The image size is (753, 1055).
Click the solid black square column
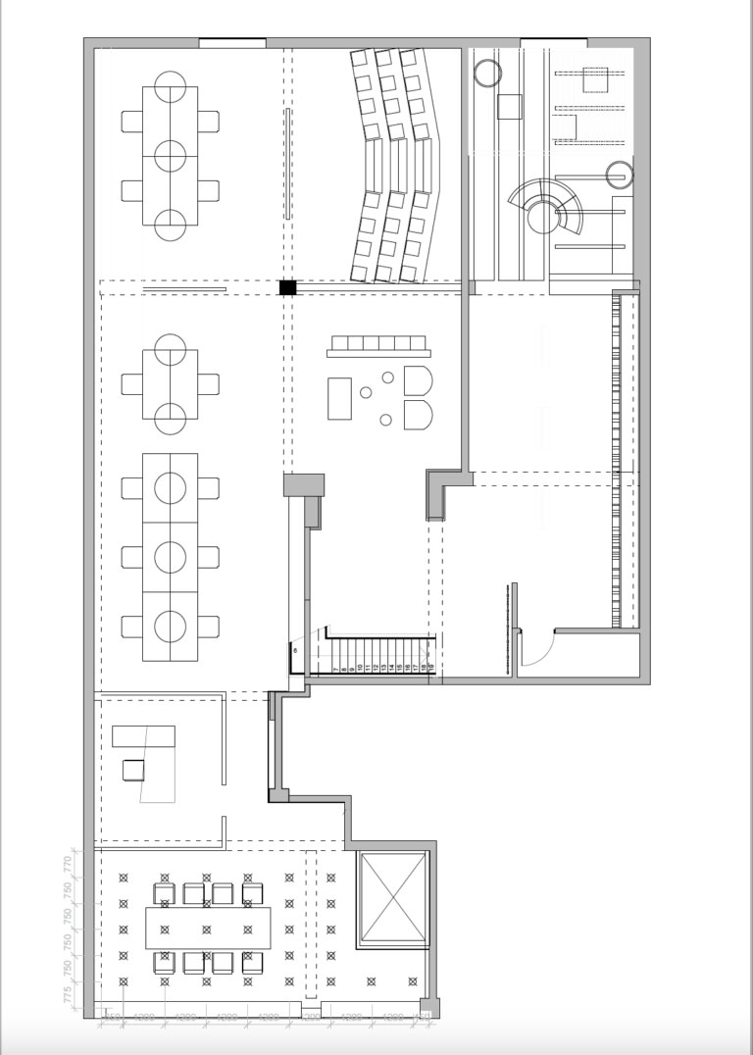pyautogui.click(x=287, y=287)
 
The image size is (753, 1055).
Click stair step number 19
pyautogui.click(x=429, y=666)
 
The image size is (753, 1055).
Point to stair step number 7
pyautogui.click(x=336, y=667)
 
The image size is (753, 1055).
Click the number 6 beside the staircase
pyautogui.click(x=293, y=649)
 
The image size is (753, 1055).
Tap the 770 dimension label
pyautogui.click(x=68, y=865)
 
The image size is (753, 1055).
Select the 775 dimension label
pyautogui.click(x=68, y=995)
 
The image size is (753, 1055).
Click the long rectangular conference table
pyautogui.click(x=208, y=928)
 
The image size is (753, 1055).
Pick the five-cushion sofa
pyautogui.click(x=380, y=344)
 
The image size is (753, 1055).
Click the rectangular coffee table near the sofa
pyautogui.click(x=339, y=398)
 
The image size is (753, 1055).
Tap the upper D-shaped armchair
pyautogui.click(x=418, y=381)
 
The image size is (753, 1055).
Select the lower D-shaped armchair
pyautogui.click(x=418, y=414)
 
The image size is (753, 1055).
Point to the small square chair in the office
pyautogui.click(x=133, y=770)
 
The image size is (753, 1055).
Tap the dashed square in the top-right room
pyautogui.click(x=595, y=78)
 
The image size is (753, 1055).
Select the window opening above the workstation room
pyautogui.click(x=232, y=43)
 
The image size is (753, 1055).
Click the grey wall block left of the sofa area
pyautogui.click(x=304, y=484)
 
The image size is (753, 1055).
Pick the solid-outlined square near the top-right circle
pyautogui.click(x=511, y=106)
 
